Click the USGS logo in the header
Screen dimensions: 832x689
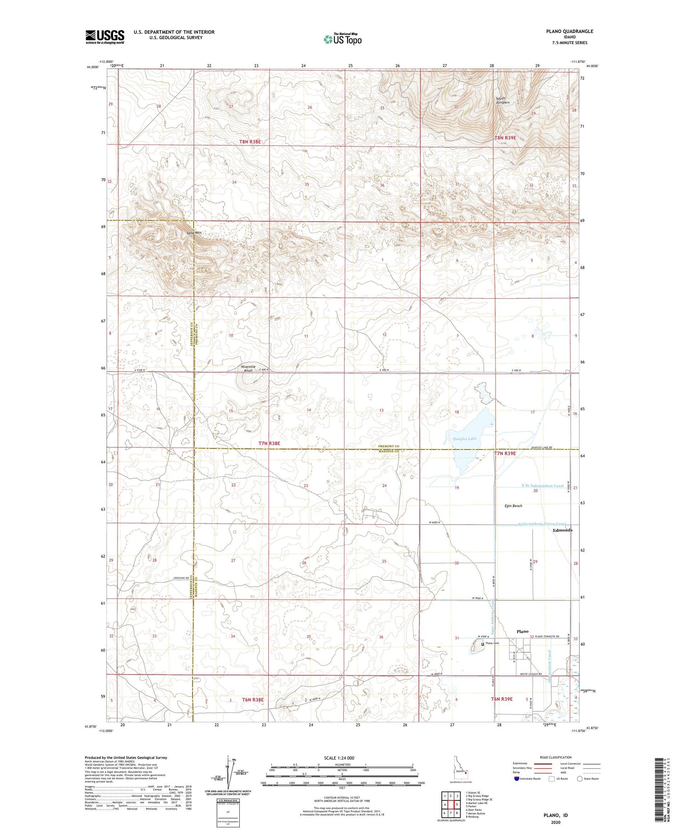coord(105,37)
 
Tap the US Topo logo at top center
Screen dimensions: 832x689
coord(342,39)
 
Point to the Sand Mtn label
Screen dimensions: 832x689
coord(194,233)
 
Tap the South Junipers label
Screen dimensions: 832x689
coord(503,101)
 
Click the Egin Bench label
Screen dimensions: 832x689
coord(513,506)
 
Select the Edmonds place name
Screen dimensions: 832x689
coord(562,530)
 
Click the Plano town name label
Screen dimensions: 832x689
coord(522,631)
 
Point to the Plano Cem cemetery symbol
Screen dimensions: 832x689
coord(482,644)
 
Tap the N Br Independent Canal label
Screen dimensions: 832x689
coord(542,486)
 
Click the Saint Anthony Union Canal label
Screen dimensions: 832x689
coord(542,524)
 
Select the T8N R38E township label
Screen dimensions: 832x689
coord(250,142)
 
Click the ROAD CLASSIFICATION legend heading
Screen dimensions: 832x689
coord(556,757)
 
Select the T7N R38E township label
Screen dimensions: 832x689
coord(269,443)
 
